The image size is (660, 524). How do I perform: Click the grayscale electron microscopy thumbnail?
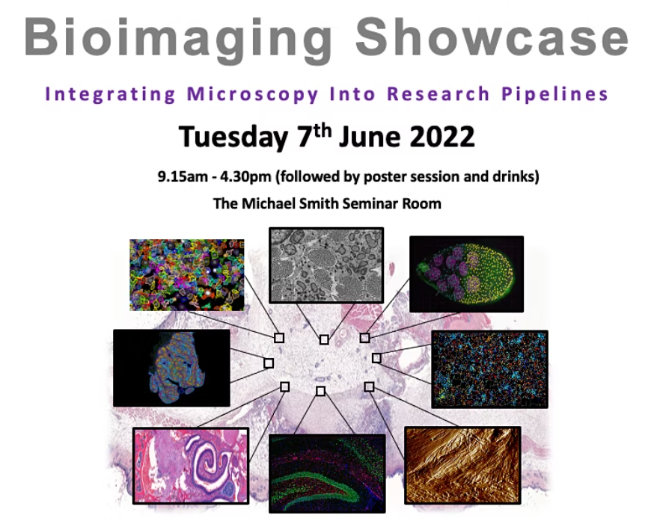click(x=326, y=265)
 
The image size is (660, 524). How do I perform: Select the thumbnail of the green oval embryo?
click(x=465, y=274)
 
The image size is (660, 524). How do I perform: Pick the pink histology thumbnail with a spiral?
click(x=191, y=465)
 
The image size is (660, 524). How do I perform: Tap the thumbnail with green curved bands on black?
click(x=327, y=473)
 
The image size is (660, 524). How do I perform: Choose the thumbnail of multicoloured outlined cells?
click(x=186, y=274)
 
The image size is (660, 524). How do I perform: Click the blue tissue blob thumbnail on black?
click(x=171, y=367)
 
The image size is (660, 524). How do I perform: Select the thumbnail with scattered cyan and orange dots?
click(x=489, y=369)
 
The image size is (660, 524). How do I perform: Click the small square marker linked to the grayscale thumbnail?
click(x=324, y=339)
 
